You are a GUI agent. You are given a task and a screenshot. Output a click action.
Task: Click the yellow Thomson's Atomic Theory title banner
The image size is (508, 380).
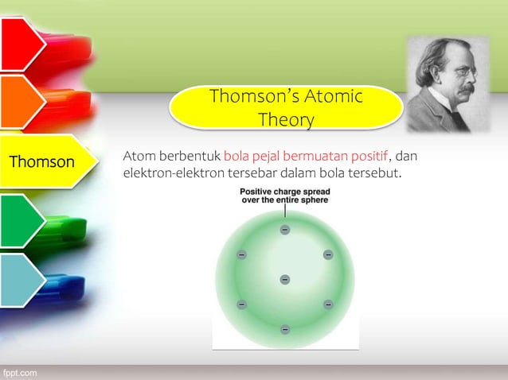point(285,108)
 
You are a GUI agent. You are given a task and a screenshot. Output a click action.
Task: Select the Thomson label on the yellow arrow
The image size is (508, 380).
point(41,162)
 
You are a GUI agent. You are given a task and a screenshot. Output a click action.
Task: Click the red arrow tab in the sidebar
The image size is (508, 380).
point(21,44)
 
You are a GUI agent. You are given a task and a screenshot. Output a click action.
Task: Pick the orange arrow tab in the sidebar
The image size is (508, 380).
point(21,103)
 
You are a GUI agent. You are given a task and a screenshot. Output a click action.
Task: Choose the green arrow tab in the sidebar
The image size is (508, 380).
point(21,220)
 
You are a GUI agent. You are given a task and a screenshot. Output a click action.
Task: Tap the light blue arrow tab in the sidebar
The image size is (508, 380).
point(21,280)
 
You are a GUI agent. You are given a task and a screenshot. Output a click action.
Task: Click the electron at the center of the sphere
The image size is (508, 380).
point(284,279)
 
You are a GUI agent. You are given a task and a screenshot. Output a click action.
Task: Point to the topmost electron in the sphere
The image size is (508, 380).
point(284,230)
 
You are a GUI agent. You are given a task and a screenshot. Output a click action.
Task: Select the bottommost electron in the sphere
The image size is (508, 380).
point(284,329)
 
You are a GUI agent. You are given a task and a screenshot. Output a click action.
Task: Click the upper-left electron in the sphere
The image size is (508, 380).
point(241,254)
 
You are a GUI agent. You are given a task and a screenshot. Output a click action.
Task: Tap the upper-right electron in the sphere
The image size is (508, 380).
point(327,254)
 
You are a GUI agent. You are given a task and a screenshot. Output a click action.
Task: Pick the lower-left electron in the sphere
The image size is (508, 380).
point(241,304)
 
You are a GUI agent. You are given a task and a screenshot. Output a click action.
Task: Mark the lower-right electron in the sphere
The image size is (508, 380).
point(327,304)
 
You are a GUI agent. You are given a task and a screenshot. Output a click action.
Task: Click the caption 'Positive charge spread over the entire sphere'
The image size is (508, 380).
point(285,196)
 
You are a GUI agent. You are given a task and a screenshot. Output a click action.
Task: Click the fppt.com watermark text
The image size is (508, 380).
point(18,372)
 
